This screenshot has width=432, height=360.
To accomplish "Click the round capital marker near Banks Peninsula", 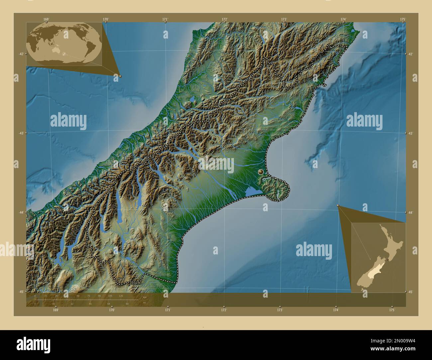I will point(261,172).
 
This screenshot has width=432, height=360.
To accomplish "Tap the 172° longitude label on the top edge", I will point(225,19).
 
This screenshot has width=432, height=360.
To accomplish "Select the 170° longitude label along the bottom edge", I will point(112,310).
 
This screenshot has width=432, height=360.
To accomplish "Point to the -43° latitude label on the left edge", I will point(20,133).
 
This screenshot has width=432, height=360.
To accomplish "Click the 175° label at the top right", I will point(403,19).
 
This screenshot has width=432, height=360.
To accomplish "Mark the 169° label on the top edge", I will point(46,19).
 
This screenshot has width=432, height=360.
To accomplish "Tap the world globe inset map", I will point(64,44).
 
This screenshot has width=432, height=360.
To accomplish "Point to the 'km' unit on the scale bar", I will point(144,297).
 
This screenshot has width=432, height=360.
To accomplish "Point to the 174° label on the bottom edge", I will point(336,310).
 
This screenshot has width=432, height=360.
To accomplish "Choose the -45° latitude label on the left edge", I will point(20,292).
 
